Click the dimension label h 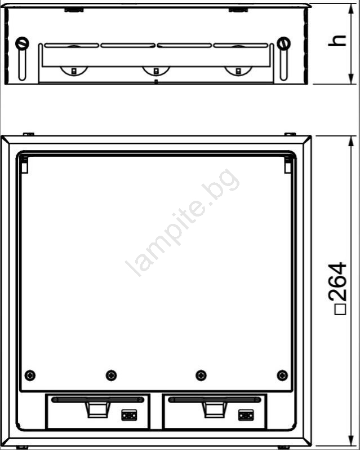coord(337,41)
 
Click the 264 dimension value coord(337,282)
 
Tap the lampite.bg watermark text coord(183,222)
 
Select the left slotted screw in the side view coord(22,43)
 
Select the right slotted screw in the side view coord(284,43)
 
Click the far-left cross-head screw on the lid coord(30,375)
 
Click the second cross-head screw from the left coord(111,375)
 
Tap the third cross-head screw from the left coord(201,375)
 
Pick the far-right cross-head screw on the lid coord(282,375)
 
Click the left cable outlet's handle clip coord(97,410)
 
